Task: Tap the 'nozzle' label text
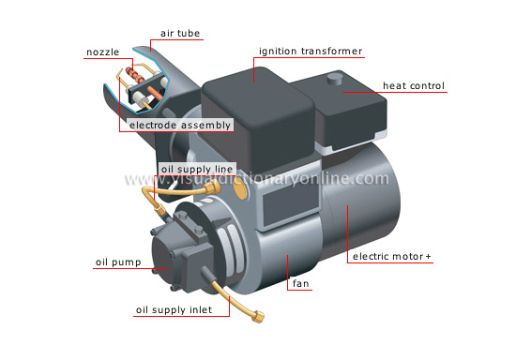coord(101,52)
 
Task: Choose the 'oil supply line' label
coord(197,169)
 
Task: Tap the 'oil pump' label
coord(118,262)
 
